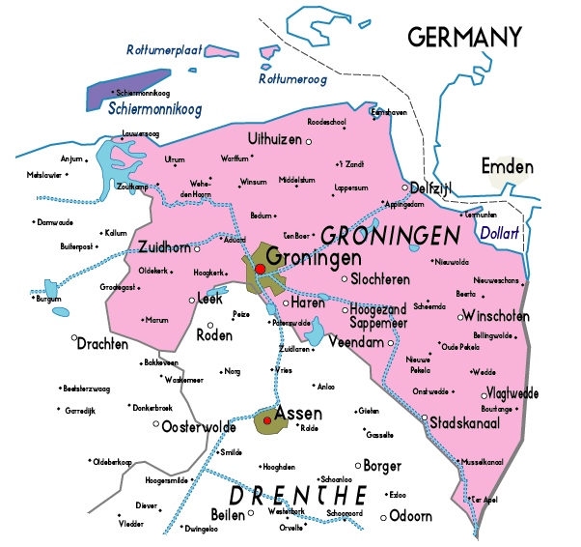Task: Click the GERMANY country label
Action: coord(464,38)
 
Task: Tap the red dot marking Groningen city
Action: coord(260,269)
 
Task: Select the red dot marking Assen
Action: coord(267,420)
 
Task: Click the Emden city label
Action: coord(508,167)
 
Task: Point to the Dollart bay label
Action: coord(498,233)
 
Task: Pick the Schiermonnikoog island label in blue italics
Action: coord(154,109)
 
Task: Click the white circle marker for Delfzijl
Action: coord(405,187)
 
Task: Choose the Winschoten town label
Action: coord(496,316)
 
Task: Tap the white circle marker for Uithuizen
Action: coord(309,142)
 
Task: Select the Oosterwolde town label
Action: coord(199,426)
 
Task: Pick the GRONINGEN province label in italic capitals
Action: coord(389,235)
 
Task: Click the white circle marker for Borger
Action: coord(357,466)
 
